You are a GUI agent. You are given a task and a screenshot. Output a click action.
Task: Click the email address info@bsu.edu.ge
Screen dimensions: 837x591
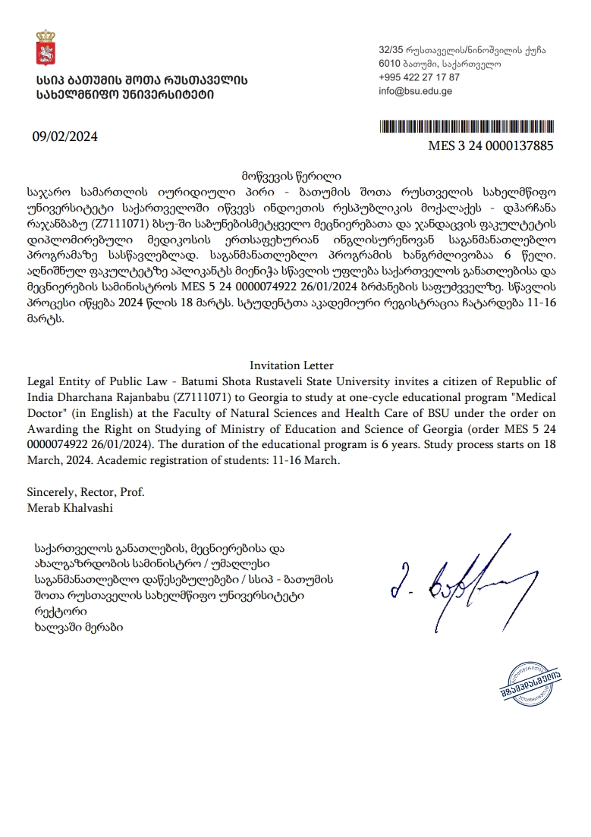[x=416, y=91]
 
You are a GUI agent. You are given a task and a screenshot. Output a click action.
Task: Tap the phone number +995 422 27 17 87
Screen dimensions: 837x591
[x=419, y=77]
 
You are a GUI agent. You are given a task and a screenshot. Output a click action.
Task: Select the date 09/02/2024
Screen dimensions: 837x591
[x=64, y=137]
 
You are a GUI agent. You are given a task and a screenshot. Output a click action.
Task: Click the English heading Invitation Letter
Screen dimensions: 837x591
[x=281, y=365]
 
